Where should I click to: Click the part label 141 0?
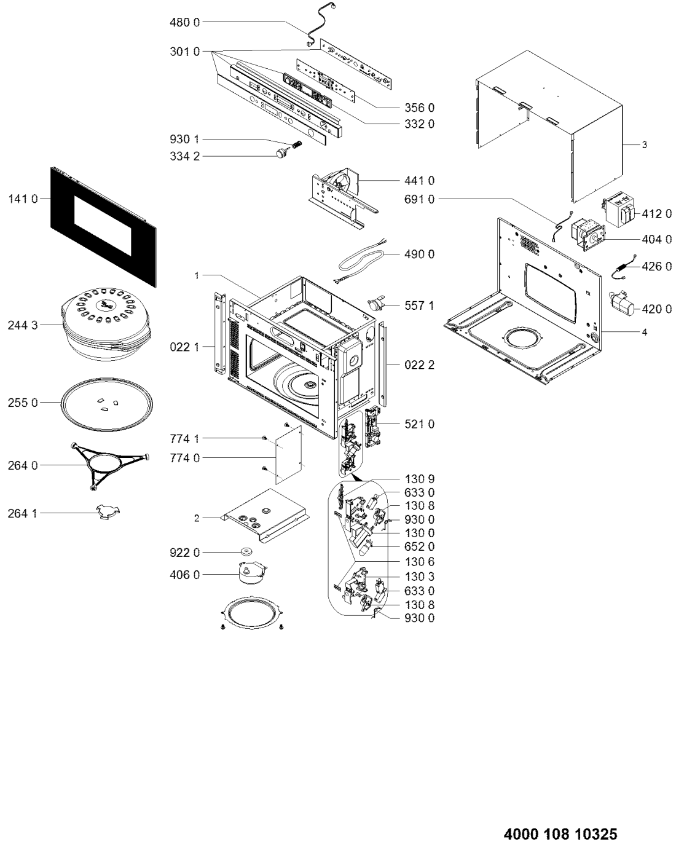point(23,199)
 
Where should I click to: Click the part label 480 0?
point(184,22)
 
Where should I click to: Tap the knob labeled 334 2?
point(281,153)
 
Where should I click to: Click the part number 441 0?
point(420,181)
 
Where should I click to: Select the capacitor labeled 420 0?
point(622,307)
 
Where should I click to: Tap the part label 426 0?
point(657,267)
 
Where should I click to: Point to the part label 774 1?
point(184,438)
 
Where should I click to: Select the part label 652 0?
point(420,546)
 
